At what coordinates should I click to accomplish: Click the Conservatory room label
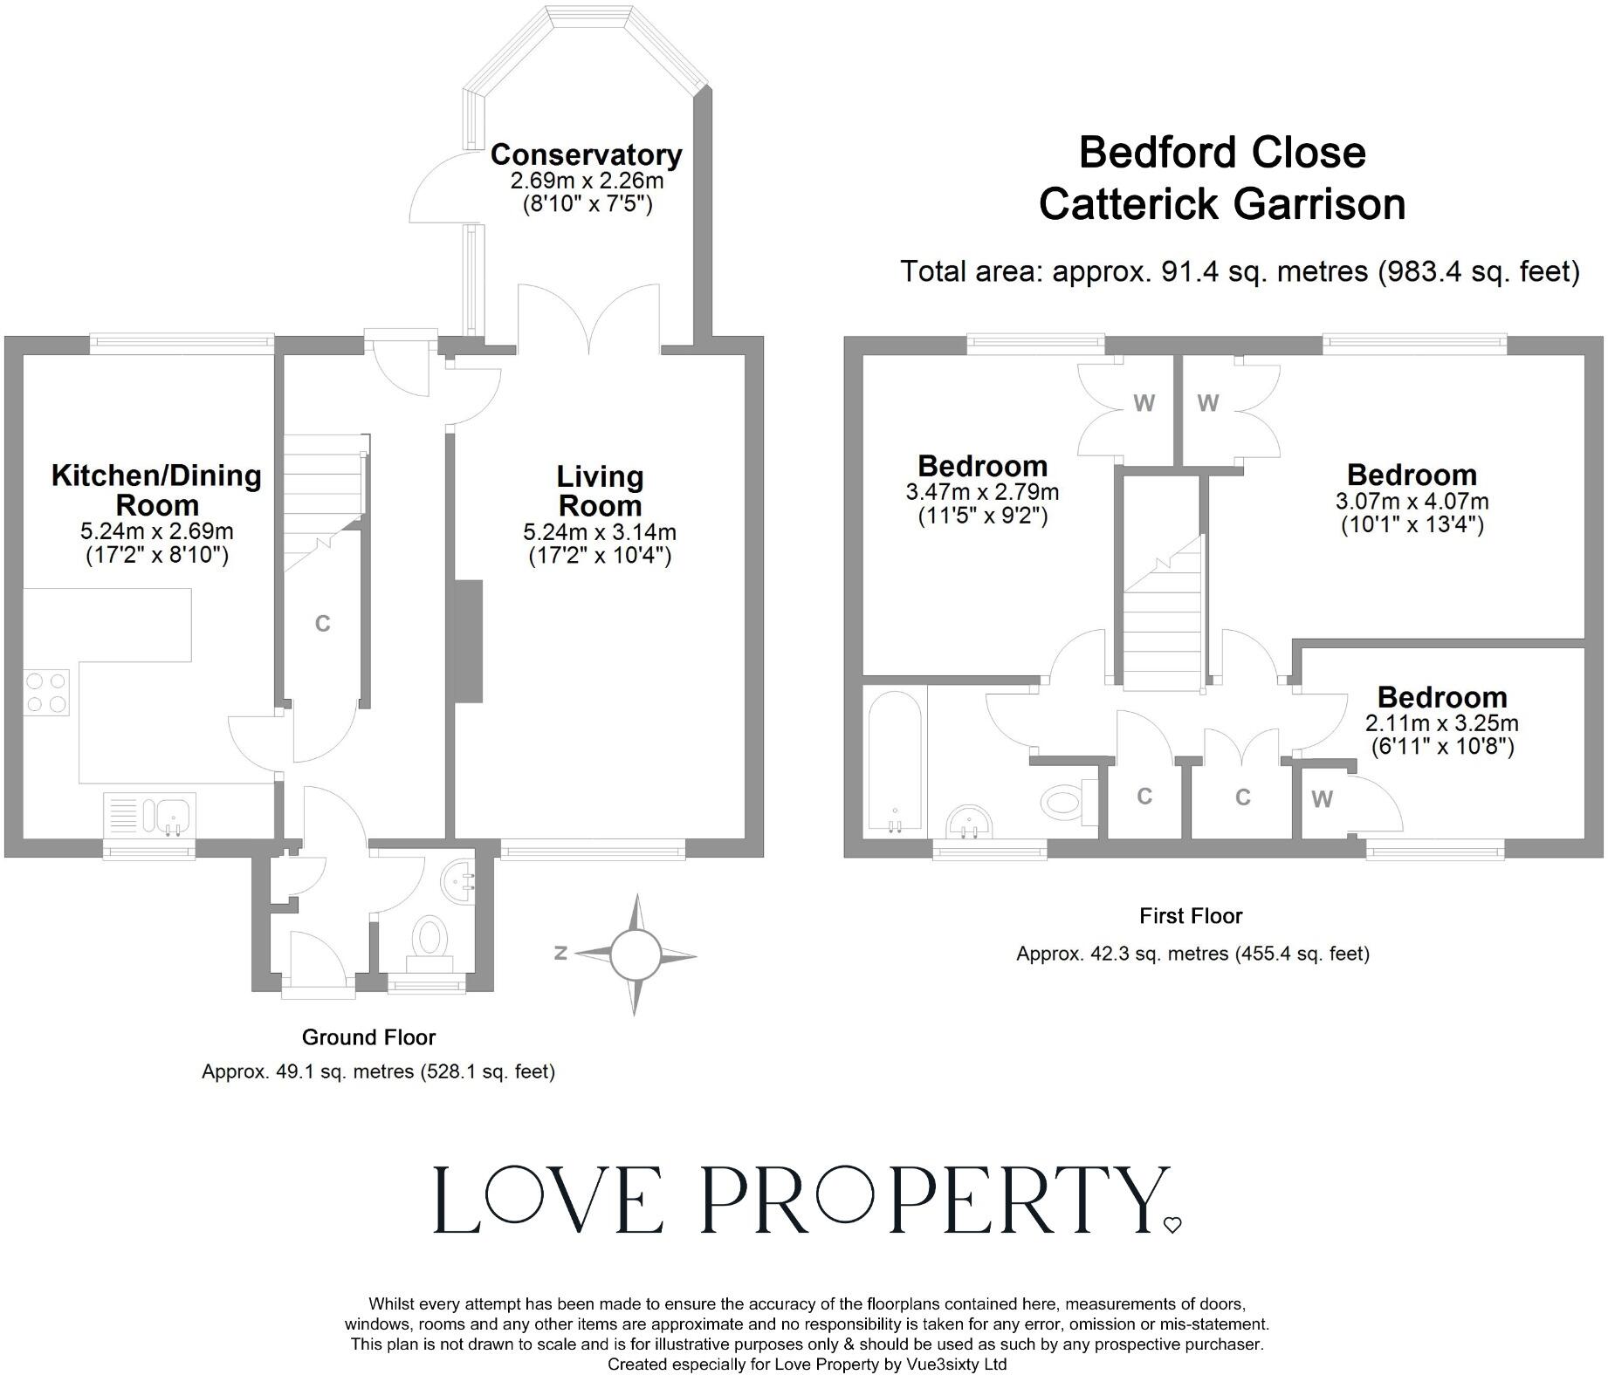point(586,155)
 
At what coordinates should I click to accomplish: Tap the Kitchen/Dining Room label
point(157,490)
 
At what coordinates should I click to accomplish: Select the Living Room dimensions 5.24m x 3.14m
point(600,532)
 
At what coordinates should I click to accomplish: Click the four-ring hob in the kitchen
point(47,692)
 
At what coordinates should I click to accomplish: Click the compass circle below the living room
point(635,954)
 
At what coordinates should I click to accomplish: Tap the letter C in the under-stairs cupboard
point(322,624)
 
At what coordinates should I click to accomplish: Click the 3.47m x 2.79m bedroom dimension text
point(982,492)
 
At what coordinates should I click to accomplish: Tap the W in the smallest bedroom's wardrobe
point(1322,799)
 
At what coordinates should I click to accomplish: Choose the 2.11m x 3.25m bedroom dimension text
point(1441,723)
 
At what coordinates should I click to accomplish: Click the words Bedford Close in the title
point(1222,153)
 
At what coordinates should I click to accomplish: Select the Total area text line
point(1240,272)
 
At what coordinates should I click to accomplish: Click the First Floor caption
point(1191,916)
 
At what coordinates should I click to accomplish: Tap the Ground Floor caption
point(368,1037)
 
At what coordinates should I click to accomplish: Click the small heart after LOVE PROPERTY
point(1172,1225)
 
